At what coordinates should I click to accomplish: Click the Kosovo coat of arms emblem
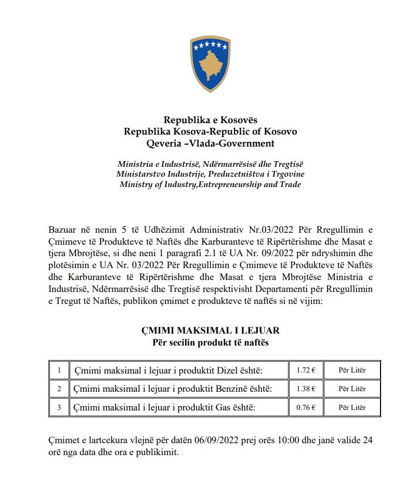coord(209,64)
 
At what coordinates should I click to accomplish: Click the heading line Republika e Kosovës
coord(210,121)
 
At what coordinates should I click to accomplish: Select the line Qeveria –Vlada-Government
coord(210,143)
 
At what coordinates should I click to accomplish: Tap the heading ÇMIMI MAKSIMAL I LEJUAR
coord(211,331)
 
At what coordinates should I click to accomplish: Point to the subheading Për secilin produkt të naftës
coord(211,342)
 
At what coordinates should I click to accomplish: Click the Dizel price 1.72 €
coord(306,370)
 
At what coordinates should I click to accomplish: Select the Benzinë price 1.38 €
coord(306,389)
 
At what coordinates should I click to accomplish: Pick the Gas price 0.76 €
coord(306,407)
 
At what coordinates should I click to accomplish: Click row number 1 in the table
coord(59,370)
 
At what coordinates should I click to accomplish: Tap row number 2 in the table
coord(59,389)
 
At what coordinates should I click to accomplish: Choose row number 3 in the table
coord(59,407)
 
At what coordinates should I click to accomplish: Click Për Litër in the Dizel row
coord(352,370)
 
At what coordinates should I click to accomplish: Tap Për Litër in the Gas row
coord(352,407)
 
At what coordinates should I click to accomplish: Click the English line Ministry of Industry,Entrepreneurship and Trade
coord(210,184)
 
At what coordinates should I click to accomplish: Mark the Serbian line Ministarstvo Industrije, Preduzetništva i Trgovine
coord(210,174)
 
